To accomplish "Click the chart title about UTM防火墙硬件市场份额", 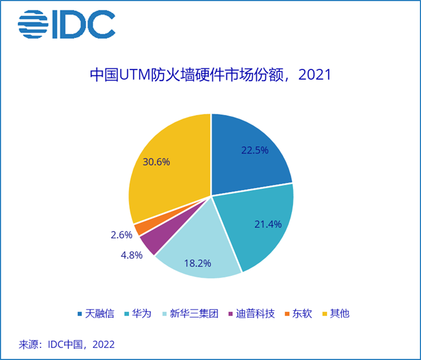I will [211, 76].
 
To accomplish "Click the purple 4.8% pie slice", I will [149, 242].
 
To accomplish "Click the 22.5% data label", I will [254, 150].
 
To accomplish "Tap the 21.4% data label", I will [268, 224].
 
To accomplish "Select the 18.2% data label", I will [197, 263].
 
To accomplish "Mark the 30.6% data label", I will [156, 162].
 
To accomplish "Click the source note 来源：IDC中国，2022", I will [67, 343].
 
